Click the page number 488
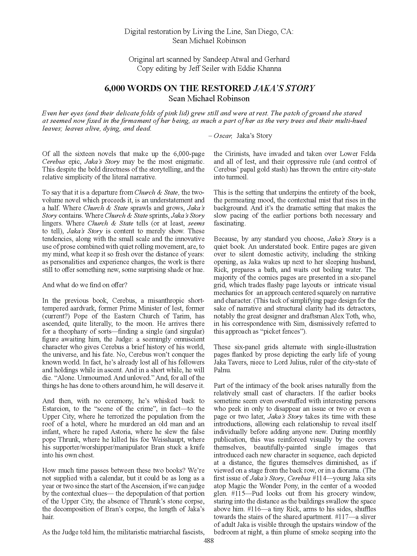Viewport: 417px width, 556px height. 209,541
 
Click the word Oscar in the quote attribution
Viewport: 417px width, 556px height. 223,136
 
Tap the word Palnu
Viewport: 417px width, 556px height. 222,370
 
